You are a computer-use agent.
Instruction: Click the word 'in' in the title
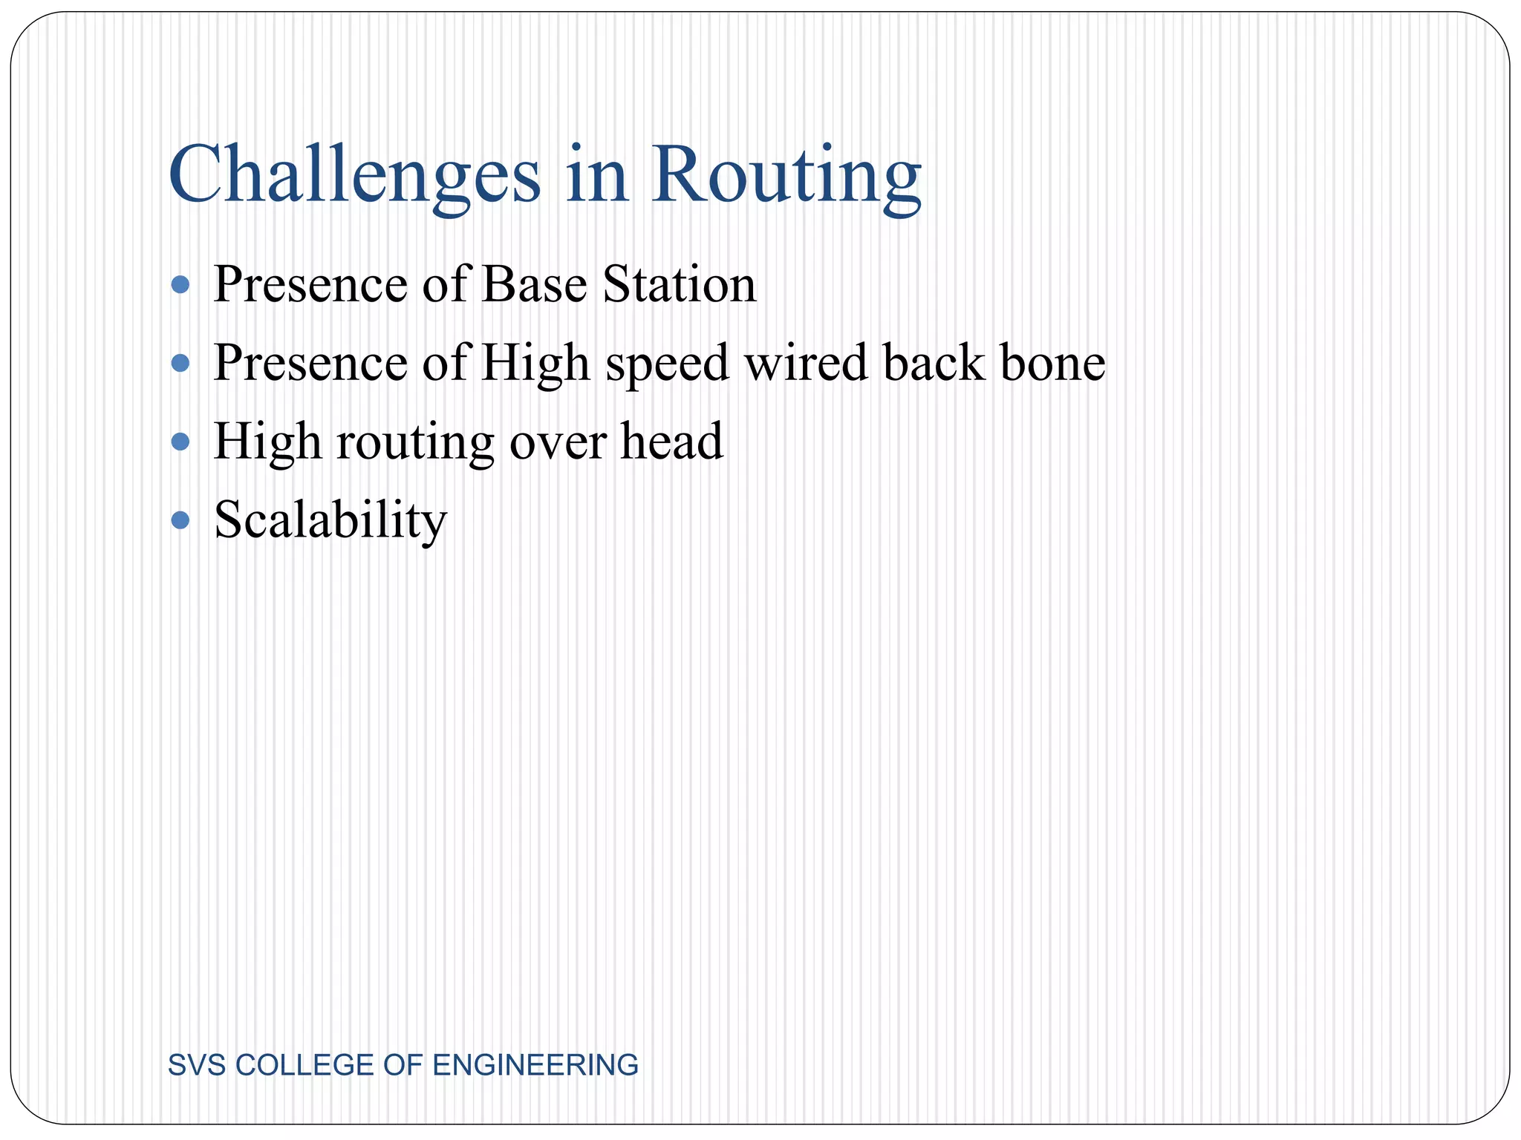click(596, 177)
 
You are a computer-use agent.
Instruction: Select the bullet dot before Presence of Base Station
click(180, 284)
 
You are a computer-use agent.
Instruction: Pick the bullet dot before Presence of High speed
click(180, 363)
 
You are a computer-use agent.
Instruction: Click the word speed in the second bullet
click(667, 365)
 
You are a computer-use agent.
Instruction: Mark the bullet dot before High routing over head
click(180, 442)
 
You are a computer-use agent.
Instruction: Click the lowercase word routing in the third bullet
click(415, 444)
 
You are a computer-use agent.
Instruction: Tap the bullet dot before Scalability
click(180, 520)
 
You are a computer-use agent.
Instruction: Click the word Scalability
click(330, 521)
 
